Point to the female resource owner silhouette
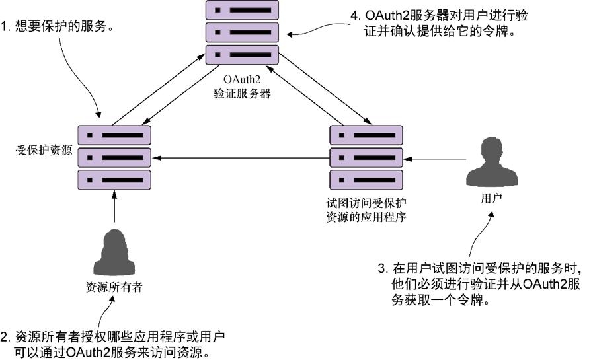pos(114,250)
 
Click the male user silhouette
pos(491,161)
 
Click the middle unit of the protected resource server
pos(114,157)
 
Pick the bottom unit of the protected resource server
pos(114,180)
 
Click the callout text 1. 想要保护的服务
pos(60,28)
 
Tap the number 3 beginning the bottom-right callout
pos(382,269)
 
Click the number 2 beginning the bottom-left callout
pos(6,335)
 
